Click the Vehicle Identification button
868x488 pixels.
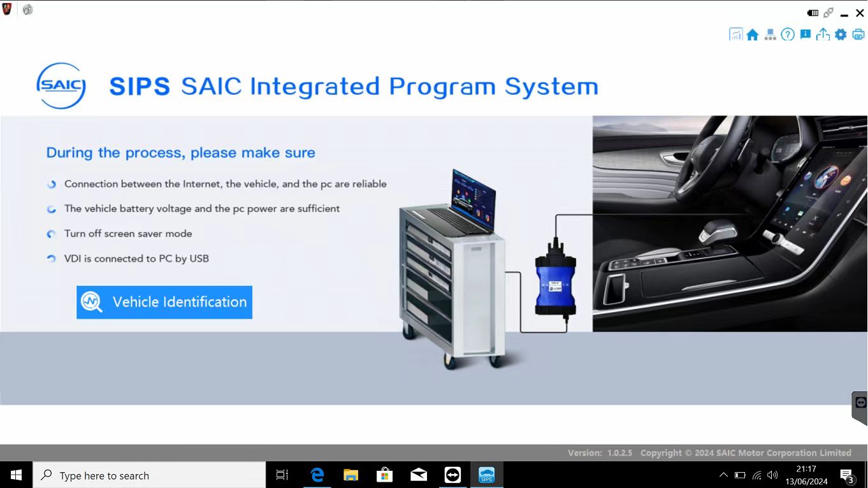[164, 302]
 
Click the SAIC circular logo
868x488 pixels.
[61, 85]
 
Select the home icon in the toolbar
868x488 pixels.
[753, 34]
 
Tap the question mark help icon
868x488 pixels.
[788, 34]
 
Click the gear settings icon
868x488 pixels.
[841, 34]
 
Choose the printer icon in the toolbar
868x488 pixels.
[858, 34]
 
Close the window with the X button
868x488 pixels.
[860, 13]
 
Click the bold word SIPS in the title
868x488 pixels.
[140, 86]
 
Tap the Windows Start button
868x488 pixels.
[16, 475]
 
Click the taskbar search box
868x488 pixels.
[149, 475]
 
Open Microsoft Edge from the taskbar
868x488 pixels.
[317, 475]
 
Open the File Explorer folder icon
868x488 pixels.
[351, 475]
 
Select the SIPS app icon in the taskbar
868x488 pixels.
[486, 475]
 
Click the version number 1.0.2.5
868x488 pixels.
[619, 453]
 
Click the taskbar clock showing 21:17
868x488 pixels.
[806, 469]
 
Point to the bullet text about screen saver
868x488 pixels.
[128, 234]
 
